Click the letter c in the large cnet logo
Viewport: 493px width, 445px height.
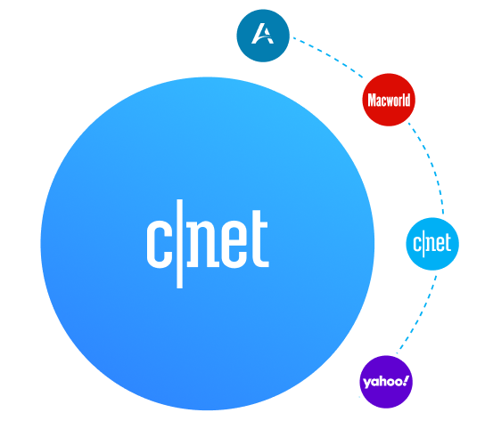pos(159,244)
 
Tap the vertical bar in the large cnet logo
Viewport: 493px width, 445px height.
pos(179,244)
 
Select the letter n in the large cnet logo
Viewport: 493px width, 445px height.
pos(202,244)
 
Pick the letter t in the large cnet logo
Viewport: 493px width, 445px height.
pos(259,239)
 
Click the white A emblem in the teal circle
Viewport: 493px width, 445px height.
pos(263,34)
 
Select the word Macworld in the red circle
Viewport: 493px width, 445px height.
pos(389,100)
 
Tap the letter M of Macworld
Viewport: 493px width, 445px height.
pos(373,101)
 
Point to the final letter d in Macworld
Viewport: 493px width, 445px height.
pos(407,101)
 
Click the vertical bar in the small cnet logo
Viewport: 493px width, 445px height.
pos(423,244)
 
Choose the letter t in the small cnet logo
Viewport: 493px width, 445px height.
pos(448,243)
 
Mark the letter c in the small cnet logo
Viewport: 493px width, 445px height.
pos(417,244)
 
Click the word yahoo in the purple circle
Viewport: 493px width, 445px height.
pos(382,382)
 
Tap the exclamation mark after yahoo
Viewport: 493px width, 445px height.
pos(406,381)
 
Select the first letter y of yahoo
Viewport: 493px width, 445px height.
pos(367,384)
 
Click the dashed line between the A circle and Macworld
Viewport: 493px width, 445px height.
pos(329,56)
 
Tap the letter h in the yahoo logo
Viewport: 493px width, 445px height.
pos(382,381)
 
